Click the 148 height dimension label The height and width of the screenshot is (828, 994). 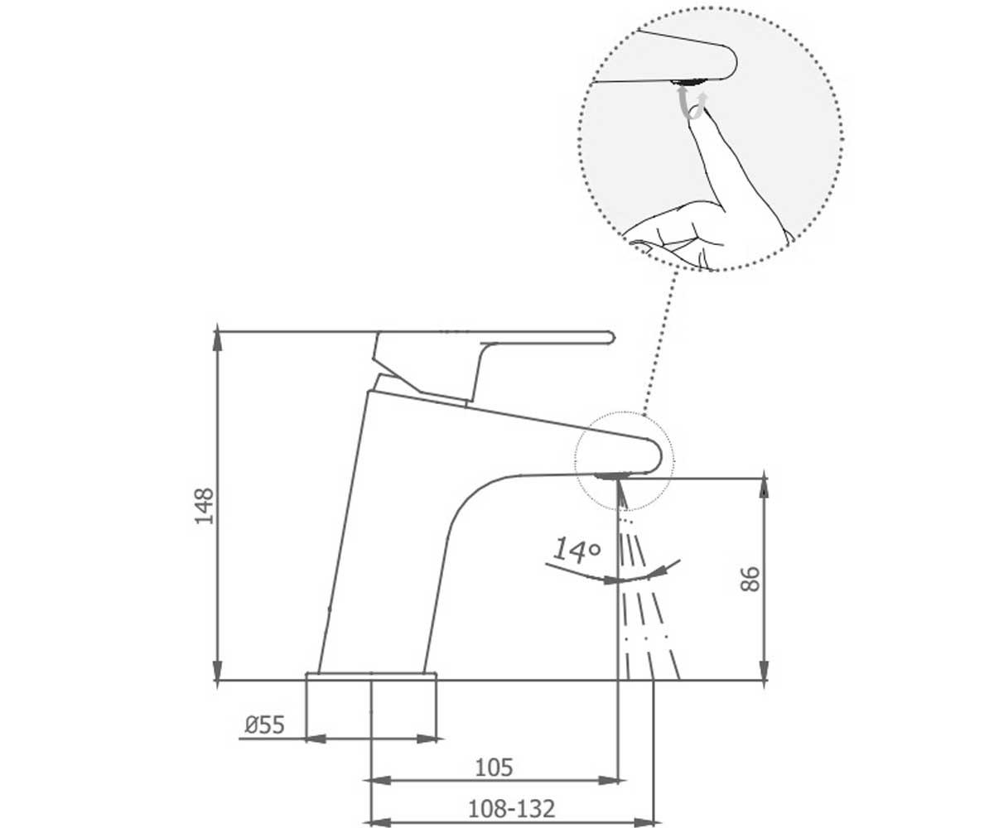pyautogui.click(x=205, y=505)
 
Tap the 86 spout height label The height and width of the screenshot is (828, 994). pyautogui.click(x=750, y=579)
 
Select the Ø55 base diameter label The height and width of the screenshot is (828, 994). pyautogui.click(x=265, y=725)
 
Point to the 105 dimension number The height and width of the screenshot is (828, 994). pyautogui.click(x=495, y=767)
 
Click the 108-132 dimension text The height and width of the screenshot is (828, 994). pyautogui.click(x=512, y=808)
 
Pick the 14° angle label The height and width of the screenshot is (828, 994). pyautogui.click(x=577, y=551)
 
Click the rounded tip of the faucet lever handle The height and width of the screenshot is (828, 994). pyautogui.click(x=611, y=338)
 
